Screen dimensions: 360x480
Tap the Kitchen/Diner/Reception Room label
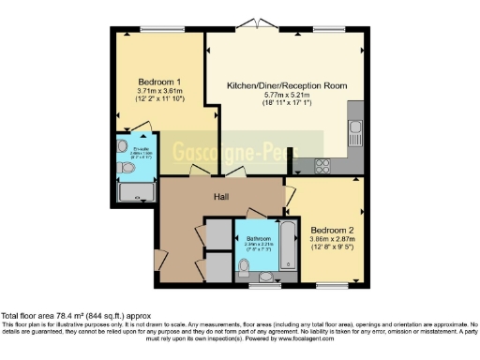(x=287, y=85)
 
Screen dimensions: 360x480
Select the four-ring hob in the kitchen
(x=322, y=165)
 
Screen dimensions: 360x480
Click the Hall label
(x=221, y=198)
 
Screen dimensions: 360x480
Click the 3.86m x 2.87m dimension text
(x=332, y=240)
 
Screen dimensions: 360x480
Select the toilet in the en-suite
(x=127, y=169)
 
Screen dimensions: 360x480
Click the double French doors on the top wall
(x=250, y=31)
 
